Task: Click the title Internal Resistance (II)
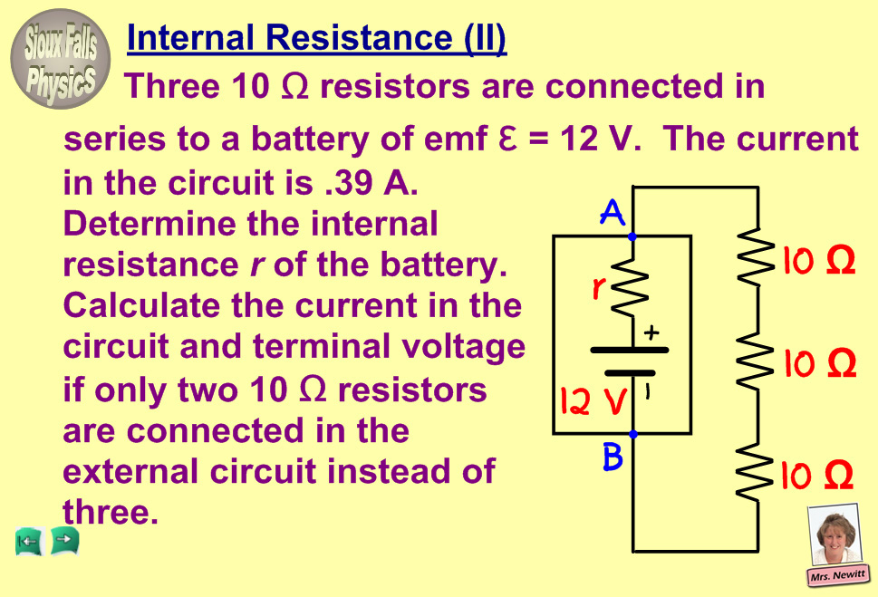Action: (x=316, y=39)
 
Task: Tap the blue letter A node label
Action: (x=613, y=215)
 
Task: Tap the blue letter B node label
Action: (x=613, y=458)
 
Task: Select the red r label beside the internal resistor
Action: (x=599, y=289)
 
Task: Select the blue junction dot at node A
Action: (x=632, y=236)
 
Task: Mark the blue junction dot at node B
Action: (x=632, y=434)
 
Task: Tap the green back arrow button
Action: (x=29, y=542)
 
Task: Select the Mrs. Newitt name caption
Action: (x=837, y=575)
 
